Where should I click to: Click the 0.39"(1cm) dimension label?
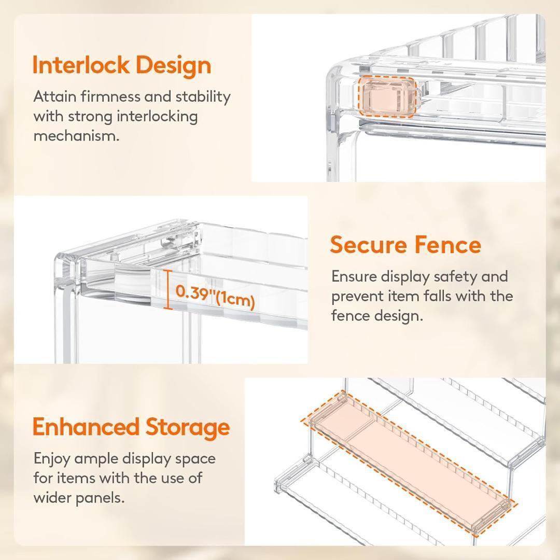click(x=215, y=297)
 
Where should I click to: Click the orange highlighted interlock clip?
click(x=387, y=97)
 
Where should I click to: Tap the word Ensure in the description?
click(x=354, y=277)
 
